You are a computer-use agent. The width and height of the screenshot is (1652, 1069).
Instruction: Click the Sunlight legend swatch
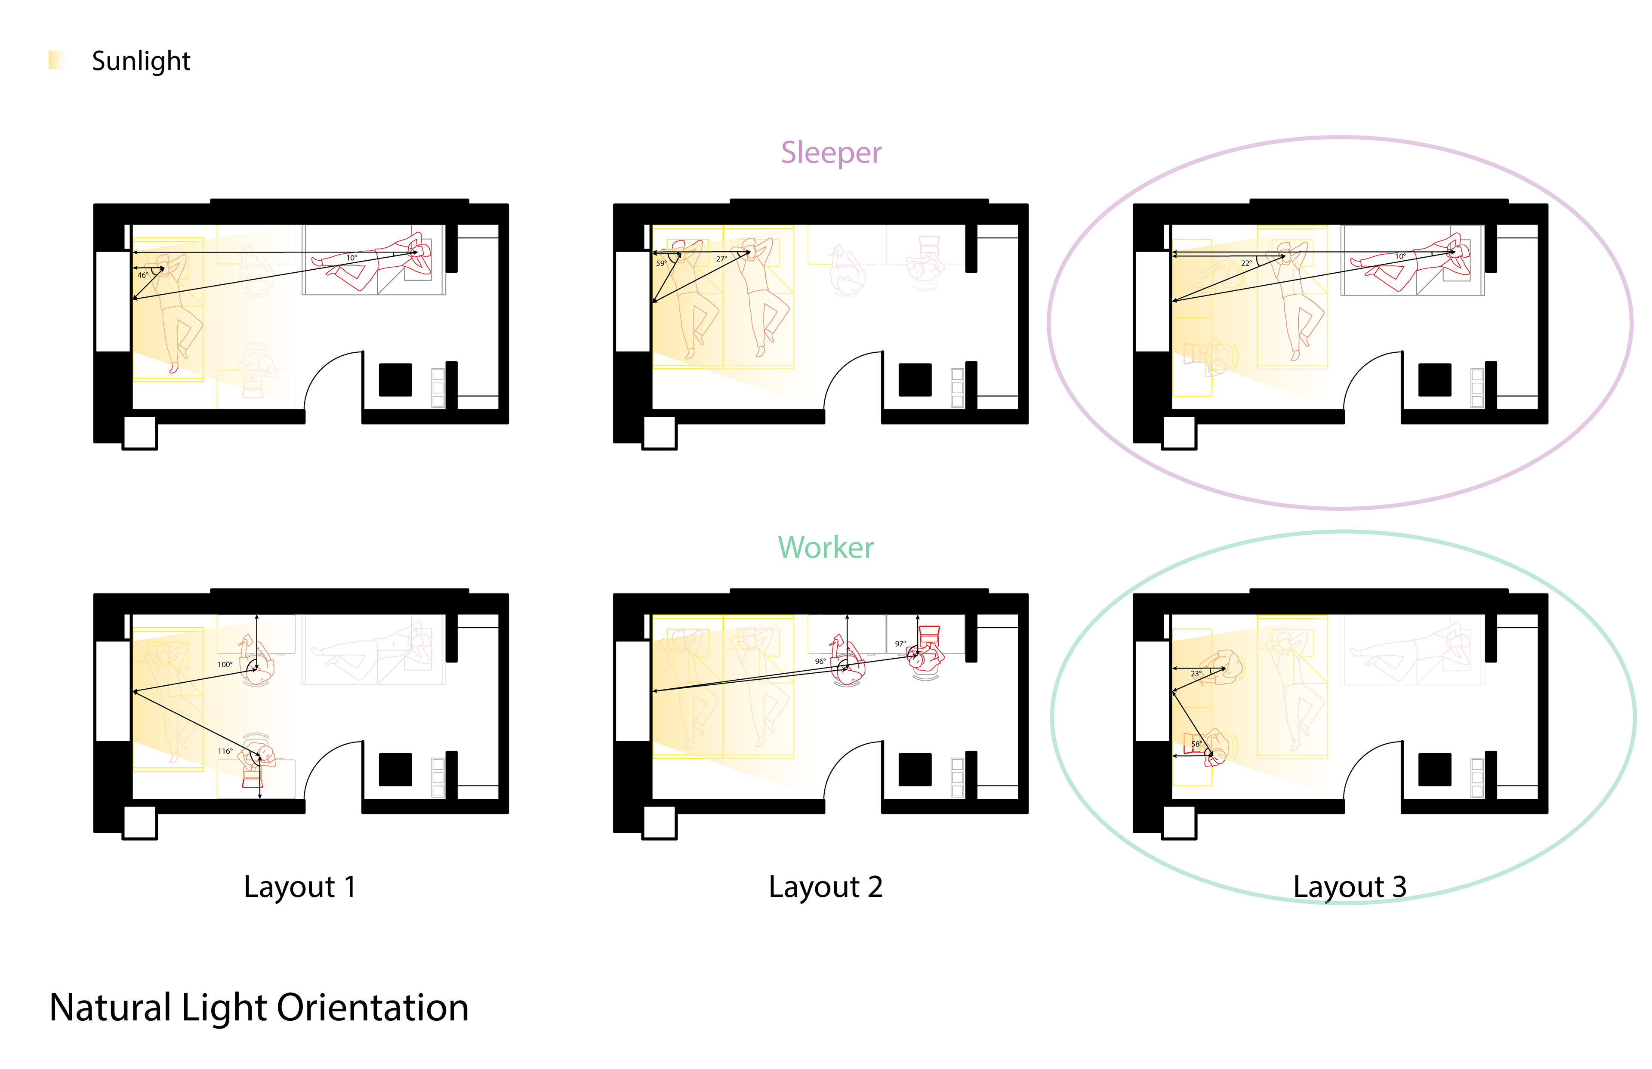(x=56, y=60)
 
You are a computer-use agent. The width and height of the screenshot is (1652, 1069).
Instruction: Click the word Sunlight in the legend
(x=141, y=61)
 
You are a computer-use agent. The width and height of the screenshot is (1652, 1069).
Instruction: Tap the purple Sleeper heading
(x=830, y=153)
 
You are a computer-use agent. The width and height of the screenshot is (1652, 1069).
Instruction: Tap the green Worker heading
(x=825, y=548)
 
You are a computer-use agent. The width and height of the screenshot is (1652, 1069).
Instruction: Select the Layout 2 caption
(x=825, y=887)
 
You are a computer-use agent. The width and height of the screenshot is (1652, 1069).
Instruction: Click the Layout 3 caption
(x=1350, y=887)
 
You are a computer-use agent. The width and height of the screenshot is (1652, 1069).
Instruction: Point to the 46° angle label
(x=142, y=276)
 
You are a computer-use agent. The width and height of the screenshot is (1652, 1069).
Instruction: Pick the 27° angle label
(x=721, y=259)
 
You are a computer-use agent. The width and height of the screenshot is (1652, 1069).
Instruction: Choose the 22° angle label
(x=1246, y=263)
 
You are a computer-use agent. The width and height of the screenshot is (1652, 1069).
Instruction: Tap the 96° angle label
(x=820, y=662)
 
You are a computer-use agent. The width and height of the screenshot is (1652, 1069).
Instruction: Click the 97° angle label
(x=900, y=644)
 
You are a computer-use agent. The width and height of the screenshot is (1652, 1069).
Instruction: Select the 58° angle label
(x=1196, y=744)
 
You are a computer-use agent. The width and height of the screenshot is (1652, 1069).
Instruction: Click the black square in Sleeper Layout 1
(x=395, y=380)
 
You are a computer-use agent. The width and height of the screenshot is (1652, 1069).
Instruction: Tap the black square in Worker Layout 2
(x=915, y=769)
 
